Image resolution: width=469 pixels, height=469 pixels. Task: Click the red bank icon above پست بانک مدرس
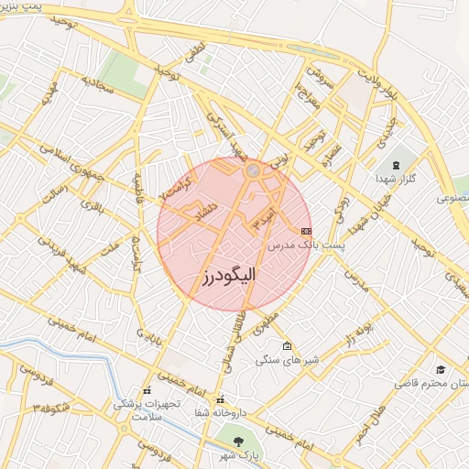pyautogui.click(x=306, y=231)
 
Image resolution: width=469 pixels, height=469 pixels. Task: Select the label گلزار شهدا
pyautogui.click(x=397, y=179)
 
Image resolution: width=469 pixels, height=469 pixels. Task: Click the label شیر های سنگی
pyautogui.click(x=287, y=361)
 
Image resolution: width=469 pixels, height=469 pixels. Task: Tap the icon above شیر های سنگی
pyautogui.click(x=288, y=346)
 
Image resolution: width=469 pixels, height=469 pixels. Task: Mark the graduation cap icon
pyautogui.click(x=442, y=369)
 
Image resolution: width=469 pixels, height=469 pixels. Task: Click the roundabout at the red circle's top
pyautogui.click(x=253, y=169)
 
